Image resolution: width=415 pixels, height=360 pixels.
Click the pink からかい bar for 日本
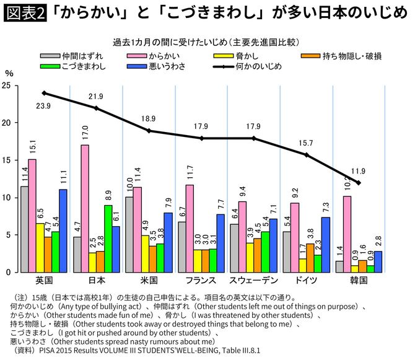tap(84, 208)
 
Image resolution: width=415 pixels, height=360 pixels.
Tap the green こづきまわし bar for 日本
tap(108, 239)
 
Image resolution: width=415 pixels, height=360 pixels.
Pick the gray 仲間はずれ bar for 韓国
tap(339, 266)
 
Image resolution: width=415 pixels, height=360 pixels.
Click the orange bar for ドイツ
tap(310, 258)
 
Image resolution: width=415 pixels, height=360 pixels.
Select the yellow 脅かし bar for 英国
tap(39, 248)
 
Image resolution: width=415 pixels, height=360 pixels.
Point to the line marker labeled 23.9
tap(44, 94)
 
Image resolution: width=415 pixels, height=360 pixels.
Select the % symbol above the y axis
tap(8, 72)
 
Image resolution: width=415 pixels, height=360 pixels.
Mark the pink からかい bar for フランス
tap(189, 228)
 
